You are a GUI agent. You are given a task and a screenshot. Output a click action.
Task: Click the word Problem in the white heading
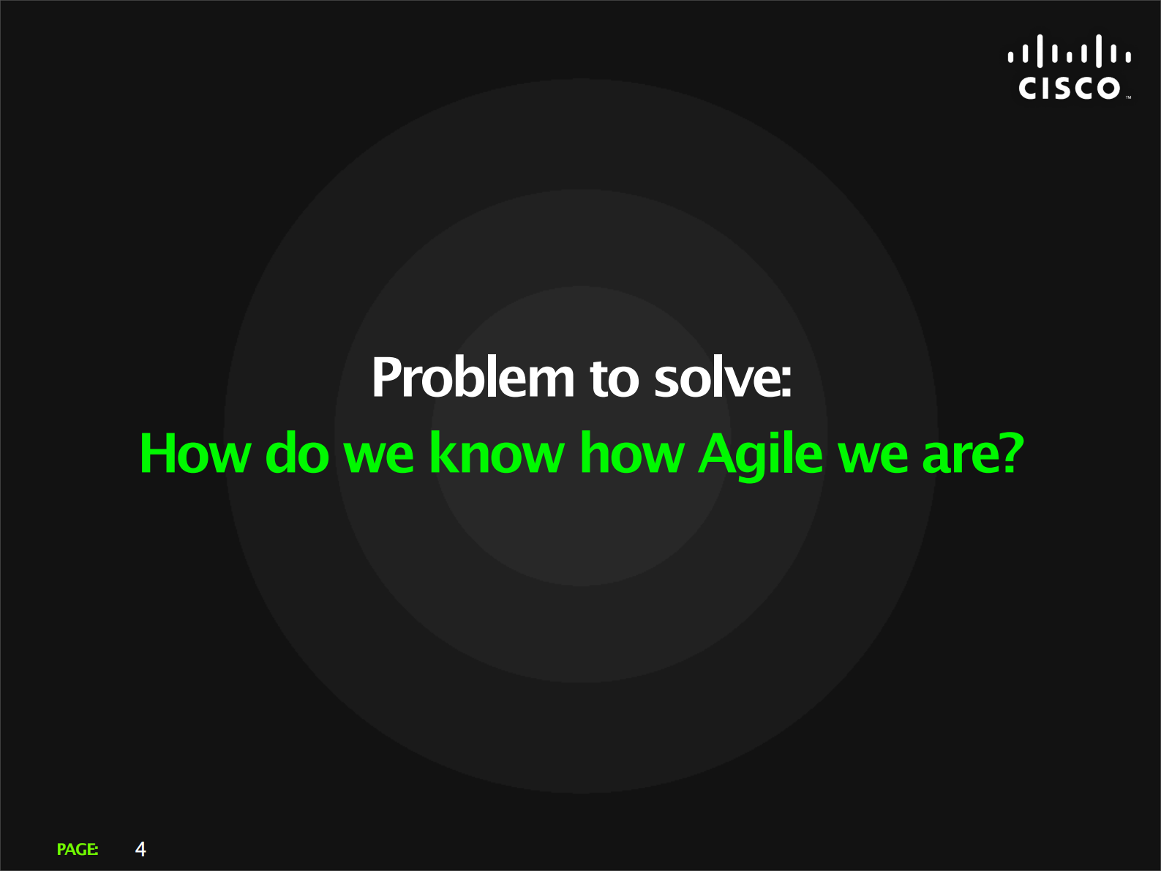pos(473,377)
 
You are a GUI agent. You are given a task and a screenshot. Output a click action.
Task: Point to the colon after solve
pos(786,382)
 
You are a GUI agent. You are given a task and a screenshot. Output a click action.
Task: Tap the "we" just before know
pos(379,457)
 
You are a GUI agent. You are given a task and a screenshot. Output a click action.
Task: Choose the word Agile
pos(761,455)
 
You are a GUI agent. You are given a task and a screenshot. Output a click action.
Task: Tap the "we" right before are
pos(873,457)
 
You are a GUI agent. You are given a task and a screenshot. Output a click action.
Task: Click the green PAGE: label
pos(78,849)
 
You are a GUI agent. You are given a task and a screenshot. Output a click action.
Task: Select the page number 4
pos(140,849)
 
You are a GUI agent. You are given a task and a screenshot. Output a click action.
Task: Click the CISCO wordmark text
pos(1069,89)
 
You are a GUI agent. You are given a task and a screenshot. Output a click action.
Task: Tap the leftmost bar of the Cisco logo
pos(1011,57)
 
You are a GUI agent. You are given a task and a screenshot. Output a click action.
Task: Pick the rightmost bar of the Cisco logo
pos(1128,57)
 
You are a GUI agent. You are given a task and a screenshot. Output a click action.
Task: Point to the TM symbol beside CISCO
pos(1128,97)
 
